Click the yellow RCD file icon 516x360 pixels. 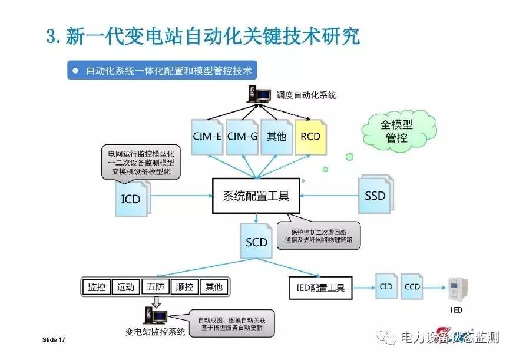311,137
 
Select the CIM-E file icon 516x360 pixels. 207,137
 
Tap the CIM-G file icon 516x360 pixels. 242,137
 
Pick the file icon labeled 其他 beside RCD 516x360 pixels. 276,137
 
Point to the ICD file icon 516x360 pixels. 131,199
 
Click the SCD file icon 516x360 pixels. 257,241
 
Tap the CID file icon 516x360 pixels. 386,287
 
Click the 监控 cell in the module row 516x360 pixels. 96,287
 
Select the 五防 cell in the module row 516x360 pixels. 156,287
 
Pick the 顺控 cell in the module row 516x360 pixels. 185,287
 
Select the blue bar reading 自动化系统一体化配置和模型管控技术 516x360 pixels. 161,71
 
